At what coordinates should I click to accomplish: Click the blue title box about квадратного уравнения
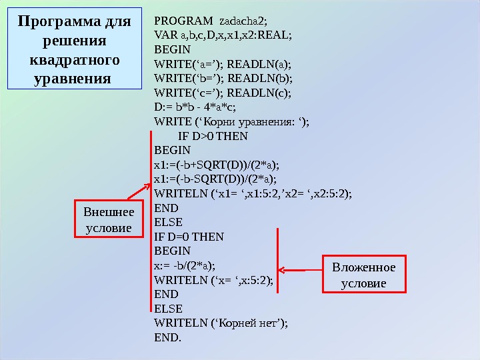[75, 49]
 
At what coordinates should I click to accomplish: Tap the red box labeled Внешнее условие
[108, 220]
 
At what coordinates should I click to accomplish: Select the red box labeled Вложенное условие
[363, 275]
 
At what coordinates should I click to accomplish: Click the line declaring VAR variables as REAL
[223, 35]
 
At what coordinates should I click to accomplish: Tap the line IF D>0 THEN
[213, 136]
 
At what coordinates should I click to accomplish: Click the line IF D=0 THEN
[189, 236]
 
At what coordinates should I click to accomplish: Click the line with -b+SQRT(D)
[216, 165]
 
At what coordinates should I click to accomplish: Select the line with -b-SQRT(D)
[215, 179]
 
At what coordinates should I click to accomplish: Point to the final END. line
[167, 337]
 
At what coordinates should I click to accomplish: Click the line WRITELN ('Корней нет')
[221, 323]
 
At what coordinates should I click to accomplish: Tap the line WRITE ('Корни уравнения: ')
[231, 121]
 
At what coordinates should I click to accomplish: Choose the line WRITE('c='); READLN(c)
[223, 93]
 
